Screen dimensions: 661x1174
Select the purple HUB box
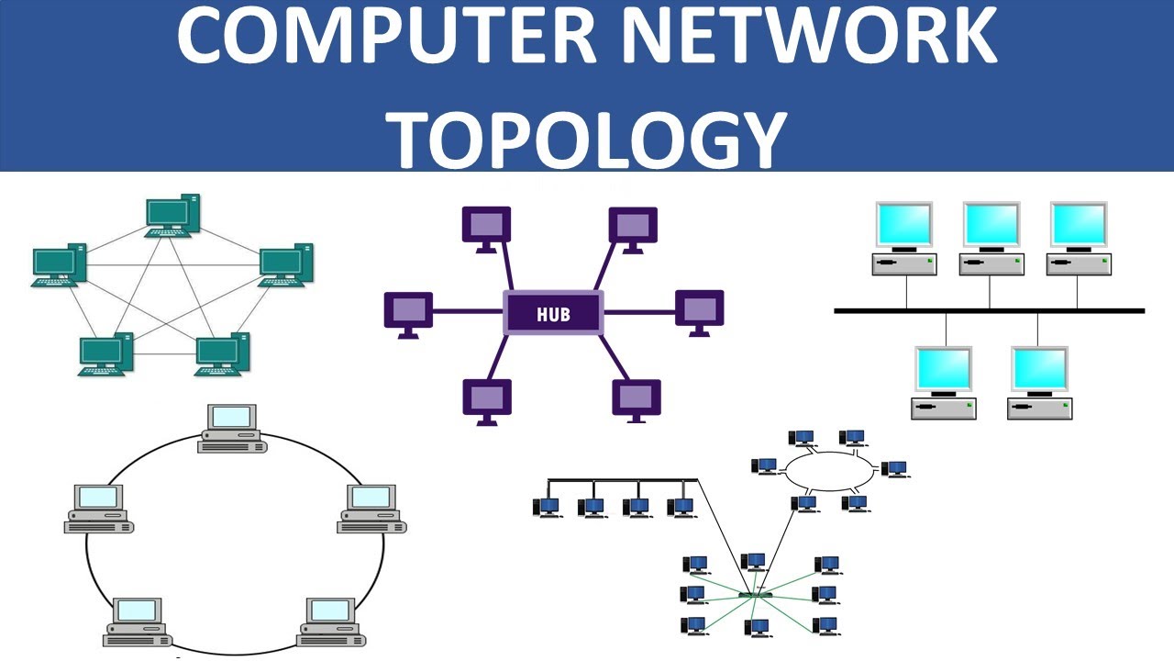553,313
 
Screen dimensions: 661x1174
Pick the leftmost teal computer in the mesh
59,265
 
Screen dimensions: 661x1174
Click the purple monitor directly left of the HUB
407,313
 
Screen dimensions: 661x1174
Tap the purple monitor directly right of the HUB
699,310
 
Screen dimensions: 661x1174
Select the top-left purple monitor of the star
486,228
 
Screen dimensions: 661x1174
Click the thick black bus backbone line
989,311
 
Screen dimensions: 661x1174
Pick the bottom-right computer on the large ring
331,622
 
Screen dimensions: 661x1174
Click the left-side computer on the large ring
99,509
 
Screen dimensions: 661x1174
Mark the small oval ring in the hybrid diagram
830,472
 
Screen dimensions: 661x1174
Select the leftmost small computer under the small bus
548,507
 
